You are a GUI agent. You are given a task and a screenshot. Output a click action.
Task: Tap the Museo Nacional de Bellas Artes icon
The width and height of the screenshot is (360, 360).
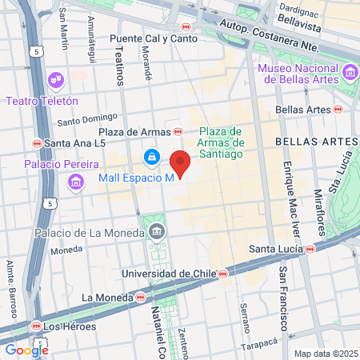(x=348, y=74)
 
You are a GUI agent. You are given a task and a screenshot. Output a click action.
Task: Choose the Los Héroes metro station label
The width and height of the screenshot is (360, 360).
(x=70, y=326)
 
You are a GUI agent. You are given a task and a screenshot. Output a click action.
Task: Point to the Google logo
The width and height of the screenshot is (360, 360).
(x=26, y=349)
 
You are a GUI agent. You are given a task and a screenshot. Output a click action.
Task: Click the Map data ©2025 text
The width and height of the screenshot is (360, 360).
(x=325, y=353)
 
